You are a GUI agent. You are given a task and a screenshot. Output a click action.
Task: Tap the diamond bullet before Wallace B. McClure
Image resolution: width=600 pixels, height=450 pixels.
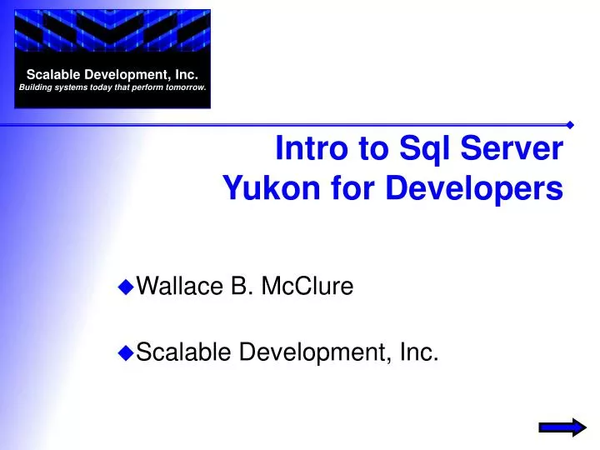click(127, 287)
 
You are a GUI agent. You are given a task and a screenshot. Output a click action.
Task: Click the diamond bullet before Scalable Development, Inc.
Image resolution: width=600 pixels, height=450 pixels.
click(127, 353)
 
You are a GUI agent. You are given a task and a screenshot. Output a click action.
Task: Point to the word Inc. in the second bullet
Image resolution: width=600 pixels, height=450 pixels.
click(419, 353)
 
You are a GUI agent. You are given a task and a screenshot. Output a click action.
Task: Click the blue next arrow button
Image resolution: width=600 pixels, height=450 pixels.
click(562, 427)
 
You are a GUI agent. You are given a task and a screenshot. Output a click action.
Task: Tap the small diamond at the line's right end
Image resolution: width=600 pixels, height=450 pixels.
click(570, 125)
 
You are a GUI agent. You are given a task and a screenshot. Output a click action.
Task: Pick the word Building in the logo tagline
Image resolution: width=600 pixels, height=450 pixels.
click(36, 87)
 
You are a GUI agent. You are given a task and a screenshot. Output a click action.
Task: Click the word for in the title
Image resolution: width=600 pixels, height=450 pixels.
click(354, 189)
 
